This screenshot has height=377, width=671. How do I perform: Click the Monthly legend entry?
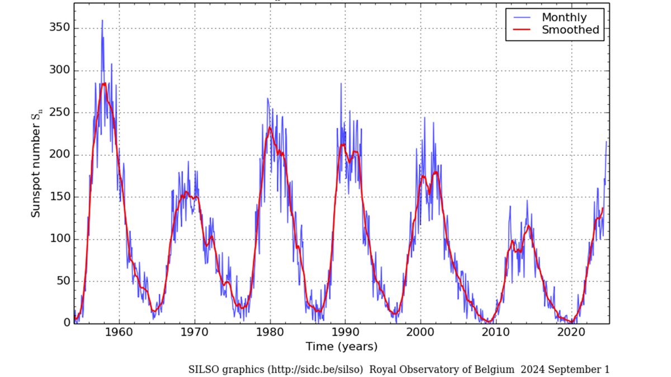(x=564, y=17)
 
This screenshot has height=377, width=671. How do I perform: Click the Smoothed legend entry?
(x=570, y=30)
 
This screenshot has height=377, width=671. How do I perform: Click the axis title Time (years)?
(x=341, y=347)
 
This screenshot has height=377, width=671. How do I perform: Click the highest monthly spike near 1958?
(x=102, y=21)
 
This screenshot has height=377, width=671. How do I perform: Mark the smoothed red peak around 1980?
(x=270, y=128)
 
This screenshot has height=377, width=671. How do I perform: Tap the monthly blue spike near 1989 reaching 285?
(x=341, y=84)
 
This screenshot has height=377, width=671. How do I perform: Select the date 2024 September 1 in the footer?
(x=565, y=369)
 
